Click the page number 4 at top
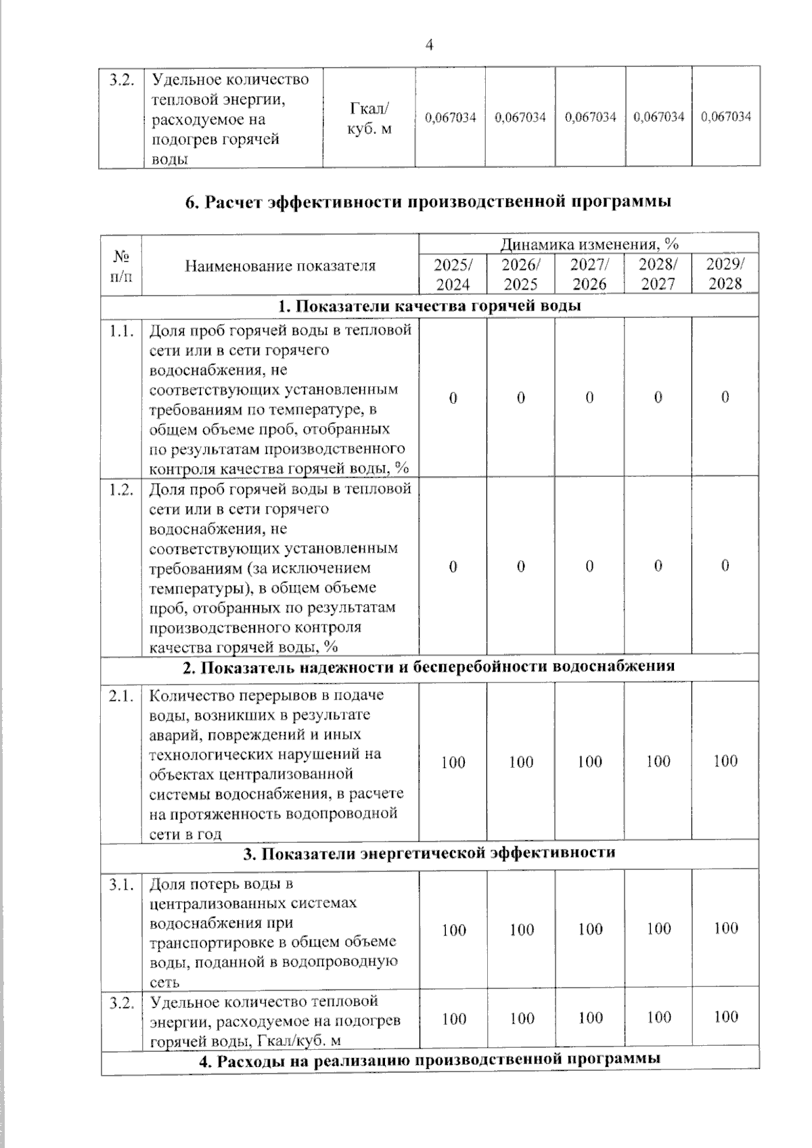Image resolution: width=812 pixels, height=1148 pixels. pyautogui.click(x=429, y=45)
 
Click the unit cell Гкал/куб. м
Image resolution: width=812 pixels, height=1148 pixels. pyautogui.click(x=369, y=118)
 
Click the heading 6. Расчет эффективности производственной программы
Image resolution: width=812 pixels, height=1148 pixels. pyautogui.click(x=428, y=202)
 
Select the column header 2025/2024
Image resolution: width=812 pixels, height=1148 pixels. pyautogui.click(x=452, y=274)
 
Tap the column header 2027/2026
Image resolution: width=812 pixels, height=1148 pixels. pyautogui.click(x=589, y=274)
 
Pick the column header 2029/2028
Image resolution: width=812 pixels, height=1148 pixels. pyautogui.click(x=725, y=274)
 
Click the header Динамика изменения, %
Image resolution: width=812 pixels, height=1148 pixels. pyautogui.click(x=589, y=244)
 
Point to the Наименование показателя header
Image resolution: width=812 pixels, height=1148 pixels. pyautogui.click(x=280, y=266)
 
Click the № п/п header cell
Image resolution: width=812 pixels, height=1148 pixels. pyautogui.click(x=122, y=266)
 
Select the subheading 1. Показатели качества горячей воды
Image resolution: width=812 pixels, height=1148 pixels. pyautogui.click(x=430, y=306)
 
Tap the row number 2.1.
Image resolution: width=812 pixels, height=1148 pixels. pyautogui.click(x=122, y=695)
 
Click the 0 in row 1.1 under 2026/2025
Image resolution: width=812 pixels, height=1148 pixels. pyautogui.click(x=521, y=398)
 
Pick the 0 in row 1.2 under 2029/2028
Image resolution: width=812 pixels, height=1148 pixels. pyautogui.click(x=725, y=566)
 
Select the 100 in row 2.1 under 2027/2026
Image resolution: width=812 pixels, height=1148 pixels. pyautogui.click(x=589, y=762)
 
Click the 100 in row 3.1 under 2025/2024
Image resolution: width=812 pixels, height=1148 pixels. pyautogui.click(x=453, y=930)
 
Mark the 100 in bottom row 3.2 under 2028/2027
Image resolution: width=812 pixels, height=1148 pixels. pyautogui.click(x=658, y=1017)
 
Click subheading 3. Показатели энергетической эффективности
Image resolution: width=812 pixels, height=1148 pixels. pyautogui.click(x=430, y=853)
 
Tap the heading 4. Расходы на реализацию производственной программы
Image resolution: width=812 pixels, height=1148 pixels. pyautogui.click(x=430, y=1059)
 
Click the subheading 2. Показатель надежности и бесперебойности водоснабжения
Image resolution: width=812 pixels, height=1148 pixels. pyautogui.click(x=430, y=666)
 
